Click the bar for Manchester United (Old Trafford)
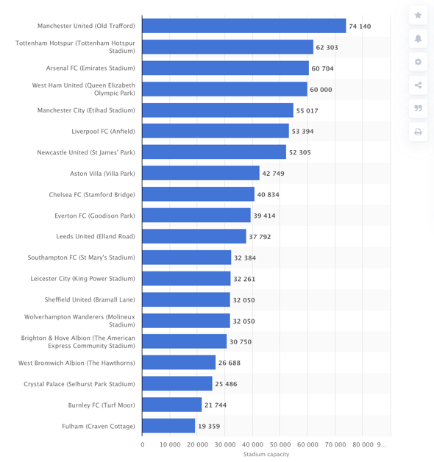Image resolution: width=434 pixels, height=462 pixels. (x=244, y=26)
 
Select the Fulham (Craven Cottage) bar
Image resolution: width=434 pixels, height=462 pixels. (x=168, y=426)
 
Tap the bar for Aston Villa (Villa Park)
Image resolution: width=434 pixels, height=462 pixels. (x=201, y=173)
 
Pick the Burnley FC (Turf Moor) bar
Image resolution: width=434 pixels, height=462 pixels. (x=172, y=405)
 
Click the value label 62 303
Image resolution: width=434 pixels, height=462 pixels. (x=327, y=47)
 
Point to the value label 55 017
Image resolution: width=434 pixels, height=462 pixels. (x=307, y=111)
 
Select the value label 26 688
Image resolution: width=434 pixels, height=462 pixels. (x=230, y=363)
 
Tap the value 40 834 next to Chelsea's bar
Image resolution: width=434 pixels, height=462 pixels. (x=268, y=194)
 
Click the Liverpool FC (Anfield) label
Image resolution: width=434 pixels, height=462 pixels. (x=103, y=132)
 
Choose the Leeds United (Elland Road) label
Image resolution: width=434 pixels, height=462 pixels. (x=96, y=236)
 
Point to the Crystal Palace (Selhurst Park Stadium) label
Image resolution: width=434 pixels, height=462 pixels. (x=79, y=384)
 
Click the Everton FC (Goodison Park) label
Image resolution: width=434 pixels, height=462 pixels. (x=95, y=216)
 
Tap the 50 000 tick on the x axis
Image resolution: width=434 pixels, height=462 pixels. (x=280, y=444)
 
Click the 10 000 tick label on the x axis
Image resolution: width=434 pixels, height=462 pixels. (x=170, y=444)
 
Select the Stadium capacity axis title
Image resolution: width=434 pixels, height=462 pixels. (x=266, y=455)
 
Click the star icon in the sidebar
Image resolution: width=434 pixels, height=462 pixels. (x=418, y=15)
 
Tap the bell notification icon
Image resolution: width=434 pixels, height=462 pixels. (x=418, y=38)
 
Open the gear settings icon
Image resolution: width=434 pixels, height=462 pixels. (x=418, y=62)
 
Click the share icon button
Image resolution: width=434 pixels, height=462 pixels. (x=418, y=85)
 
